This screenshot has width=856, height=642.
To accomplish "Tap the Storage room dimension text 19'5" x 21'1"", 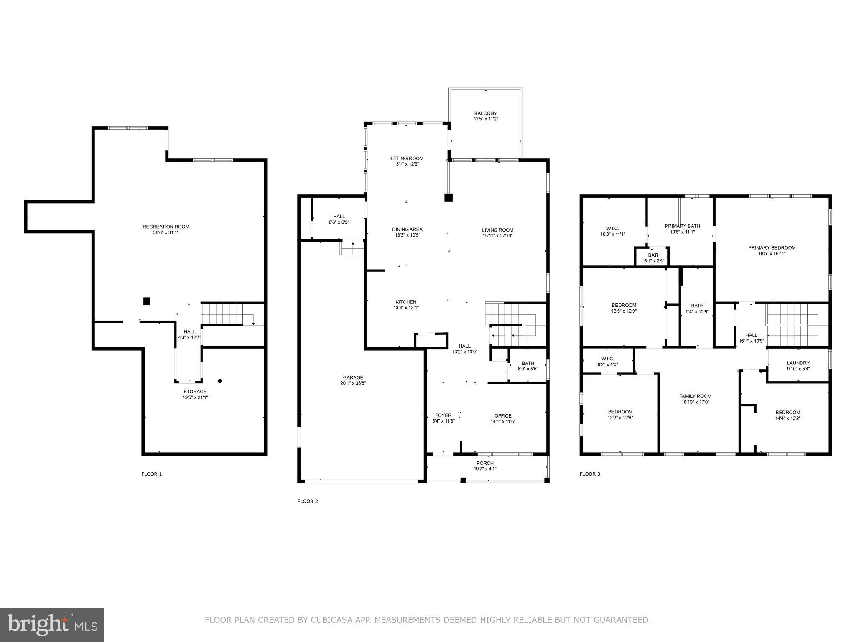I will [x=195, y=397].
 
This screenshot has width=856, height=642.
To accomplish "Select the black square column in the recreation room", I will [x=147, y=301].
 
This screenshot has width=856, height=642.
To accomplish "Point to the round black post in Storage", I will [x=220, y=381].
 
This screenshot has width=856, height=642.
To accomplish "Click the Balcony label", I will [x=485, y=113].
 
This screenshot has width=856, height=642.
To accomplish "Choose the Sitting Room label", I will [x=406, y=158].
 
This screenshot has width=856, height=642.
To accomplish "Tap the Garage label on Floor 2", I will [x=353, y=377].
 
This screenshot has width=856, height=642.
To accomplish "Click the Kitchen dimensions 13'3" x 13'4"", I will [x=406, y=308].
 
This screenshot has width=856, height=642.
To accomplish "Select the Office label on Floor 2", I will [x=503, y=415].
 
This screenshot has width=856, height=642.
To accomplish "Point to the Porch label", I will [x=485, y=463].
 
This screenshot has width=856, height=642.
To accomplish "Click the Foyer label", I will [x=443, y=415].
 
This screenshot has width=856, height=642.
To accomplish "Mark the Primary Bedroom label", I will [x=772, y=247].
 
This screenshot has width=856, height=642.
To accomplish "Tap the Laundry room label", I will [x=798, y=363].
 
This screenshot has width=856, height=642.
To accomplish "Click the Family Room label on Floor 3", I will [x=695, y=396].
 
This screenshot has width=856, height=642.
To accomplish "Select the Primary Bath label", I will [x=682, y=226].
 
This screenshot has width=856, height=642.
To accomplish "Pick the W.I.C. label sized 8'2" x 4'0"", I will [x=607, y=359].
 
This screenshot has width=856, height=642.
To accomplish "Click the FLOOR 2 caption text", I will [x=308, y=502].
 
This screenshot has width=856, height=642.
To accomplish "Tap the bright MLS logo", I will [x=52, y=624].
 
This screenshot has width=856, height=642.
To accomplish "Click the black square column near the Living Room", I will [x=448, y=198].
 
